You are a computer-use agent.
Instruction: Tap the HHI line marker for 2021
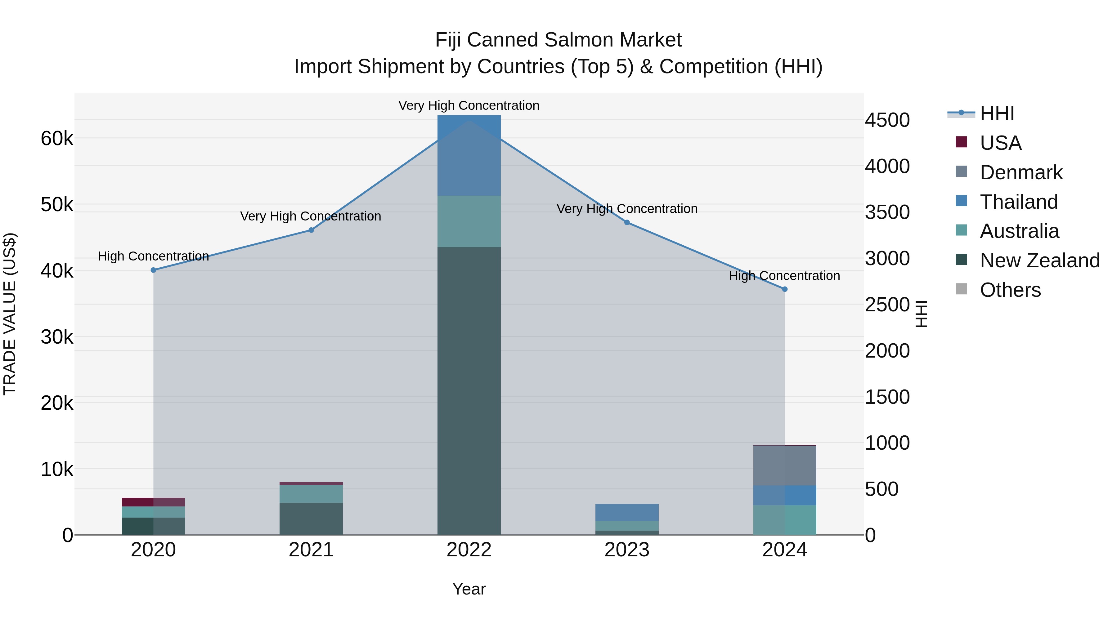[311, 230]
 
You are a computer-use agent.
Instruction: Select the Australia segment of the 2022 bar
[469, 221]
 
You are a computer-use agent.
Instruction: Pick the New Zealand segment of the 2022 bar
[469, 390]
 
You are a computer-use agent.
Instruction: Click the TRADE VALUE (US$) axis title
[10, 314]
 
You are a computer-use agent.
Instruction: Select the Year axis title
[469, 589]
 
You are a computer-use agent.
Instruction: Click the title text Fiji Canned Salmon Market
[558, 40]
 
